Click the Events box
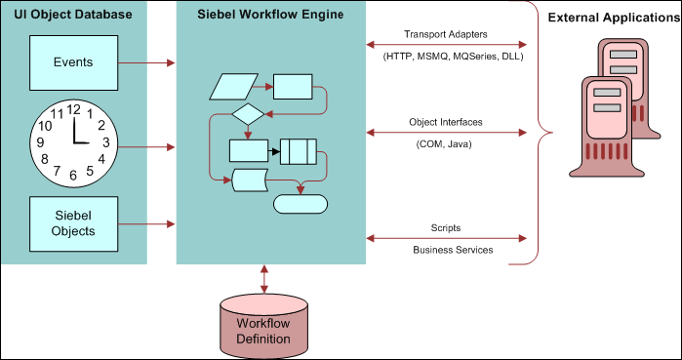click(73, 62)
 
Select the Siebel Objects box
click(73, 223)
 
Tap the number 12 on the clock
click(73, 109)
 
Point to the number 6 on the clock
click(73, 178)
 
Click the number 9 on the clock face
click(39, 143)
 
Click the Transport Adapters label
click(447, 34)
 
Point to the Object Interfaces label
click(447, 122)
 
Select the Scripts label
click(447, 228)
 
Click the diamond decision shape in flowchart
click(248, 114)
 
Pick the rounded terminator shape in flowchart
click(300, 204)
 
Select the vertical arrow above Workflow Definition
click(265, 277)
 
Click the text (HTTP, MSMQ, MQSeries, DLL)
click(447, 56)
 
